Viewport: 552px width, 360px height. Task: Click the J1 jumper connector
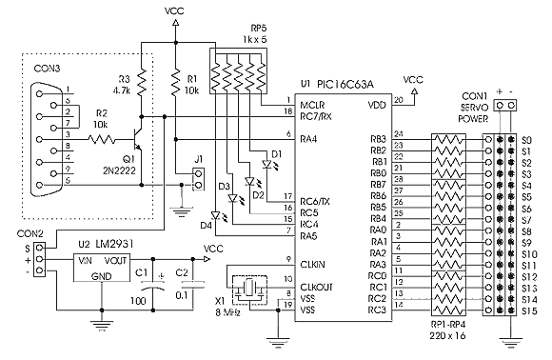tap(199, 175)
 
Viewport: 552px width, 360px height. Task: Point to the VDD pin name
tap(378, 103)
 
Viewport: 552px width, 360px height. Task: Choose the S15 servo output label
tap(528, 311)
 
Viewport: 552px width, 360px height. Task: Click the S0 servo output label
tap(526, 139)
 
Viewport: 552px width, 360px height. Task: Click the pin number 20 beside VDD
tap(398, 97)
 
